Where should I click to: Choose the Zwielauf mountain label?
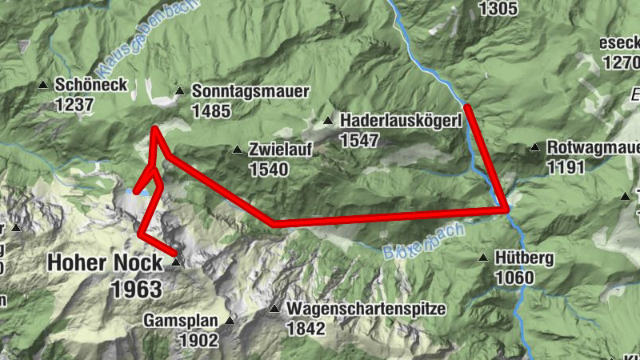click(280, 150)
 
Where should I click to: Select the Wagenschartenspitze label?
click(366, 309)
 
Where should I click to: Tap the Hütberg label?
click(524, 258)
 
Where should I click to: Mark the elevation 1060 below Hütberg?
click(514, 277)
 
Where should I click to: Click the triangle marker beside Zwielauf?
click(237, 150)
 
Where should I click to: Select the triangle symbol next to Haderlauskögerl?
click(327, 121)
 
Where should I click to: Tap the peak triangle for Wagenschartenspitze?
click(274, 309)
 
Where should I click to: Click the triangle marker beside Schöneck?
click(43, 84)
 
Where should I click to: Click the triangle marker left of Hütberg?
click(483, 258)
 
